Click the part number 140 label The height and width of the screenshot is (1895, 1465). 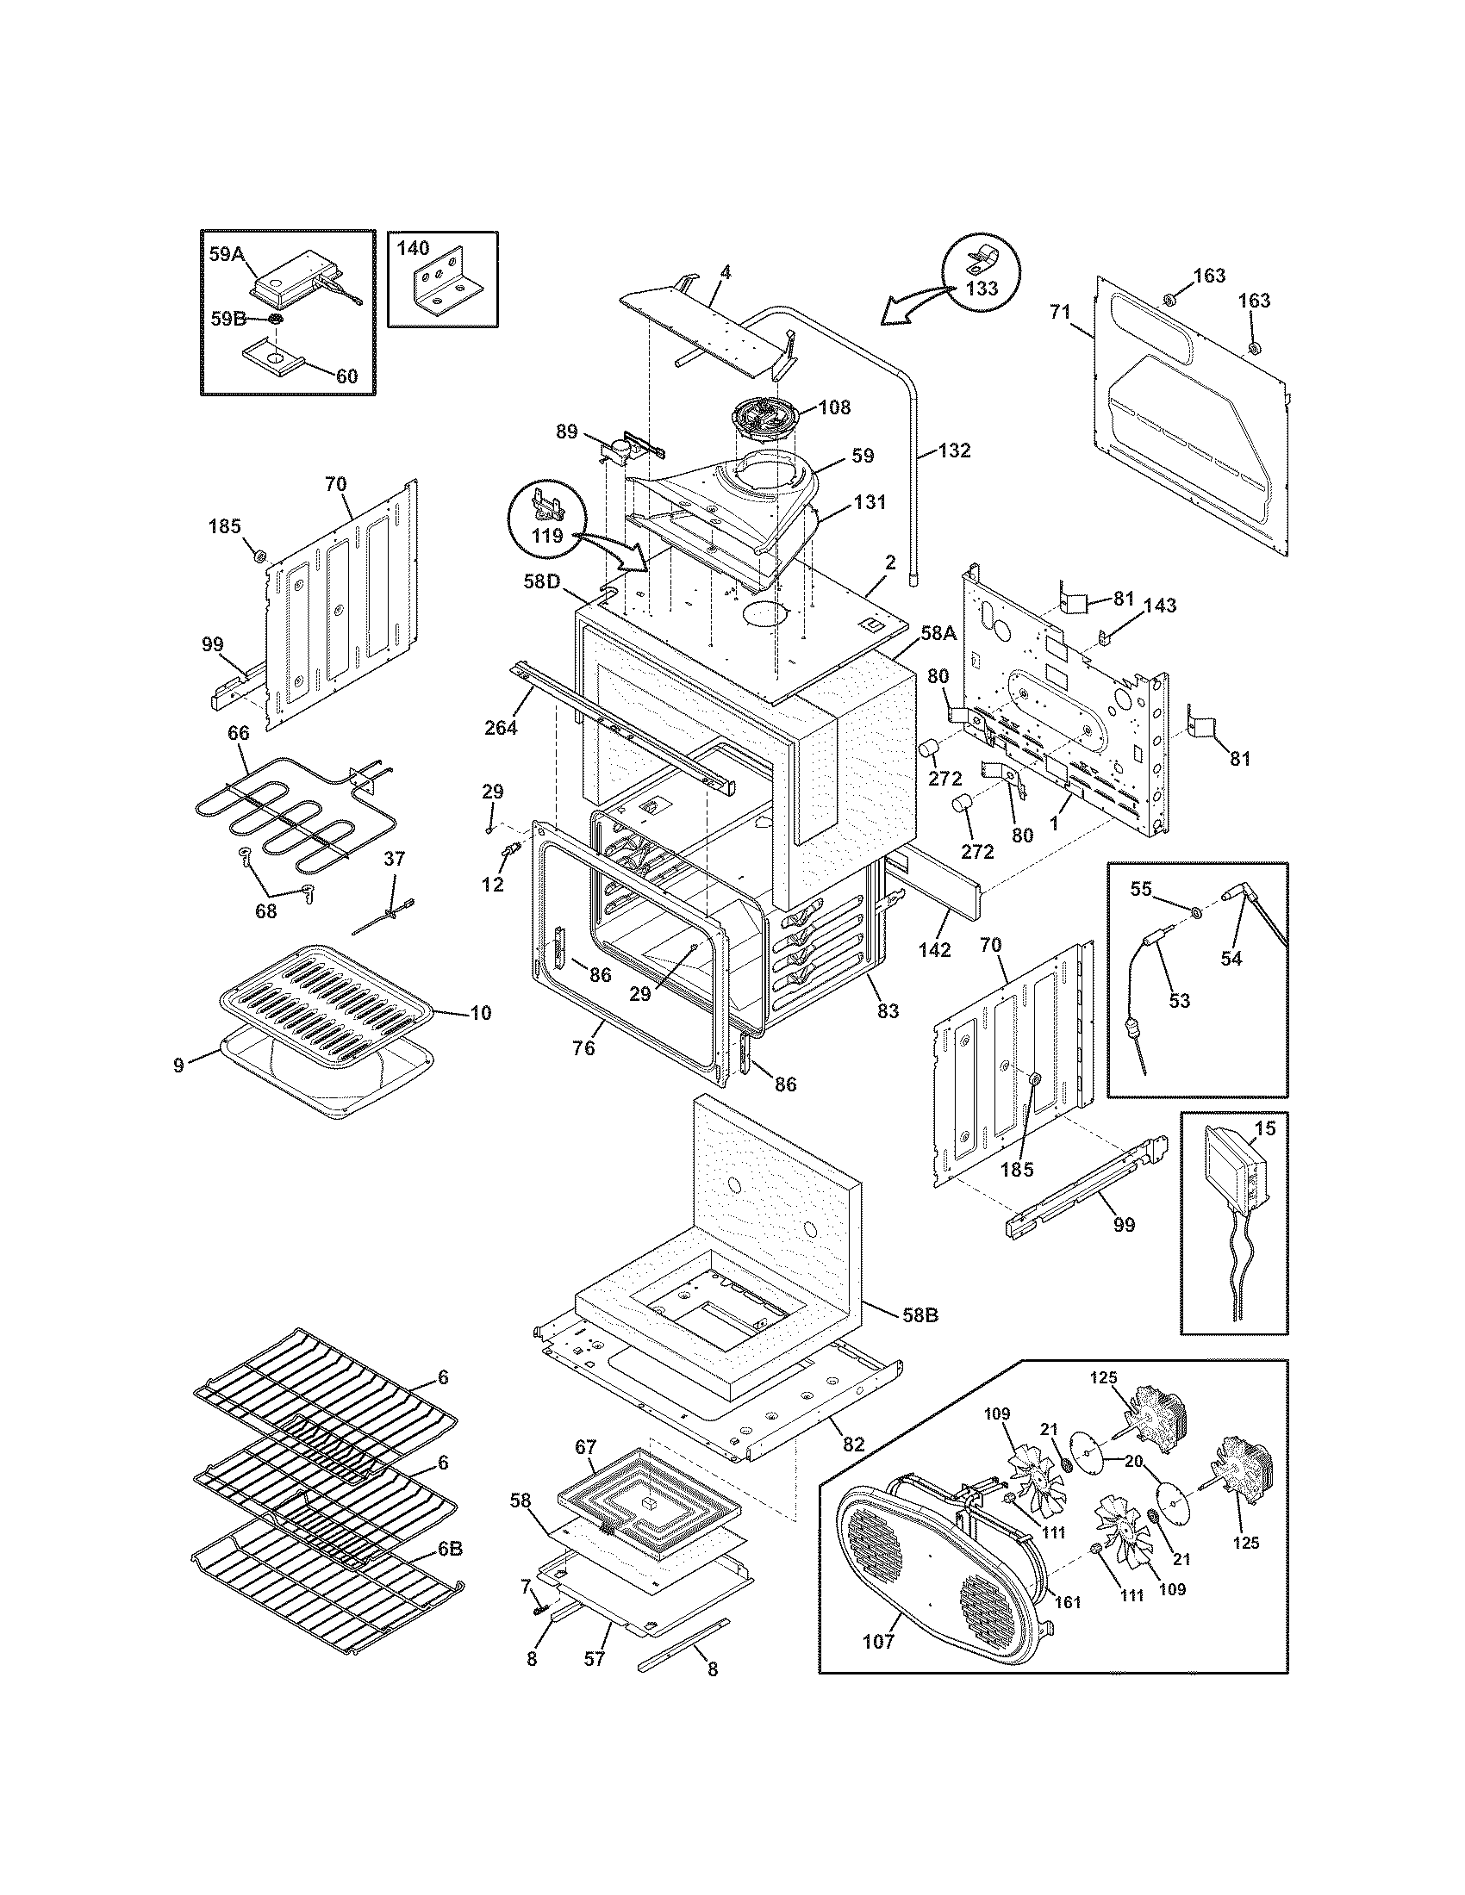(413, 248)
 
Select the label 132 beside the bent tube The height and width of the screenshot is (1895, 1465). (954, 451)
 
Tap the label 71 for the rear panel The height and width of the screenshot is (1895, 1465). (1060, 312)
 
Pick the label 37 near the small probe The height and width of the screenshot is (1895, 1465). (394, 859)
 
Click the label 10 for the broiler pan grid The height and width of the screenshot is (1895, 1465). (480, 1013)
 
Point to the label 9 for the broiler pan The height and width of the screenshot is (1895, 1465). (178, 1066)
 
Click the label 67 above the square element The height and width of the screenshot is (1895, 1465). (587, 1447)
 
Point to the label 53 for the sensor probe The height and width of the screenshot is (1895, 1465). (1179, 1001)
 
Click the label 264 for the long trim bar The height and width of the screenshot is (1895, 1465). (501, 727)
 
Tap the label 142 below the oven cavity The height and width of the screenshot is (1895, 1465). (934, 950)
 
